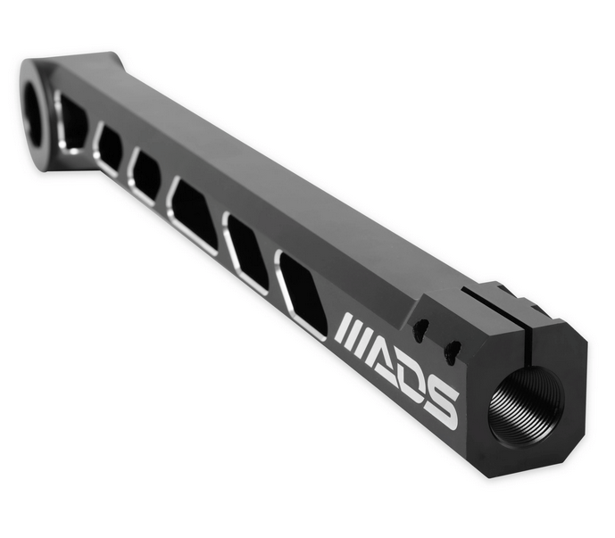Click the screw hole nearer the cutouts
[420, 328]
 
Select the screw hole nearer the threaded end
[451, 350]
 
